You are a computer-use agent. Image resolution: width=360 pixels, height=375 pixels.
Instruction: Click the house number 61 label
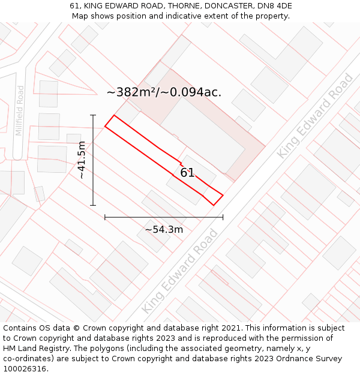[x=187, y=173]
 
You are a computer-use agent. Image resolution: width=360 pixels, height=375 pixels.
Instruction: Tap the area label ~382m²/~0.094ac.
[x=164, y=92]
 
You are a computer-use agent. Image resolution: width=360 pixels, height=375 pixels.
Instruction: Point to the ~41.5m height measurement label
[x=82, y=160]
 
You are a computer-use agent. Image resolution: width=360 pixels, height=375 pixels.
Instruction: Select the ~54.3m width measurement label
[x=164, y=229]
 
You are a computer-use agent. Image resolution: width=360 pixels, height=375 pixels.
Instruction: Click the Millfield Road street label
[x=20, y=110]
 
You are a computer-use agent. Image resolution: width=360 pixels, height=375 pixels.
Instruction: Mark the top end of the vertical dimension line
[x=93, y=115]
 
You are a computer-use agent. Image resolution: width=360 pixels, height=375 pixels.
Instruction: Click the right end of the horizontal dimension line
[x=223, y=217]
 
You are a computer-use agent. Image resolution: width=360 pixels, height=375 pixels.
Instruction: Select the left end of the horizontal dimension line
[x=105, y=217]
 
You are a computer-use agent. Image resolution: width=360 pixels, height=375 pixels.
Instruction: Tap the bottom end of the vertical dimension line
[x=93, y=206]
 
